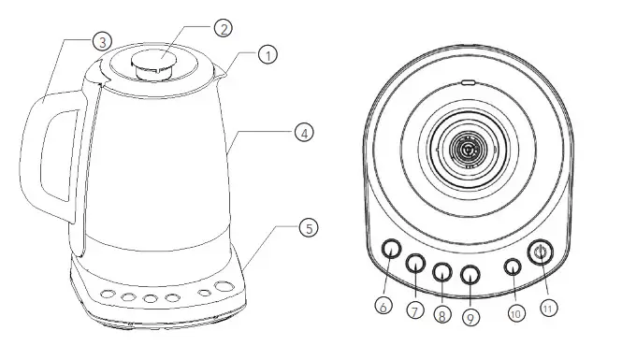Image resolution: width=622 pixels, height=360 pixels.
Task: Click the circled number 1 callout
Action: [268, 55]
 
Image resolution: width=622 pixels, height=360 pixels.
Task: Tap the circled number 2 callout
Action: [222, 28]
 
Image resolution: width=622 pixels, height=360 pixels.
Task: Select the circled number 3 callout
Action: [103, 41]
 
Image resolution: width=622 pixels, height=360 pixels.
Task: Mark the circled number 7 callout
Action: [412, 309]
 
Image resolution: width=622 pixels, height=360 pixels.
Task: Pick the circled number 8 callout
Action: [441, 315]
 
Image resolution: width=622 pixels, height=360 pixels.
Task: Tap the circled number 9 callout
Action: [470, 317]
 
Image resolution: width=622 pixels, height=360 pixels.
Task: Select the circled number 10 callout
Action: [514, 313]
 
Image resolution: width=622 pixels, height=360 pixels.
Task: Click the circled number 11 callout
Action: [550, 306]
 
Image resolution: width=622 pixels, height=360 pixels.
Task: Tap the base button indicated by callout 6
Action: [391, 248]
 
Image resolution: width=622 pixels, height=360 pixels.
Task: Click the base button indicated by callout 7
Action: [415, 264]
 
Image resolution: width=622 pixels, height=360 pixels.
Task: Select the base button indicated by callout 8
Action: [441, 272]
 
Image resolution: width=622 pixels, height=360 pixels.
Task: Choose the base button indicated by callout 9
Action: [470, 274]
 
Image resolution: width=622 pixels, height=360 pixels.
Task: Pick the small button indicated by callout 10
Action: [513, 266]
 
